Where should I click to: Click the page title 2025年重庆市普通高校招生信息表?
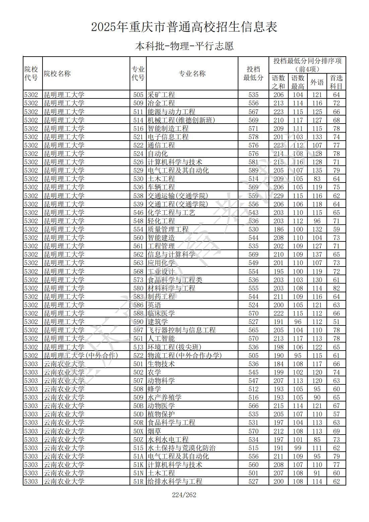point(184,27)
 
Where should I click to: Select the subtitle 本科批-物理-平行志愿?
point(184,46)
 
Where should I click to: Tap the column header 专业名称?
point(192,74)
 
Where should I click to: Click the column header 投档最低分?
point(253,74)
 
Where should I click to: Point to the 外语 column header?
point(317,82)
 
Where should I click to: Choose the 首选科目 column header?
point(336,82)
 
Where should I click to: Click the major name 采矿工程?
point(161,95)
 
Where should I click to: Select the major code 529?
point(138,170)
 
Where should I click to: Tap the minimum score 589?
point(253,170)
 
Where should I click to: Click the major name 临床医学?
point(161,313)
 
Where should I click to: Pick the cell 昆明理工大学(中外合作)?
point(81,356)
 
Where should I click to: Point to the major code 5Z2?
point(138,356)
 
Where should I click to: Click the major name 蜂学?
point(154,389)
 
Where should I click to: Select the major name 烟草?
point(154,431)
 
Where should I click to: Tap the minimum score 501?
point(253,473)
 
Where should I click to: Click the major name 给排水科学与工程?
point(175,481)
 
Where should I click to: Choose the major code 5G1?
point(138,339)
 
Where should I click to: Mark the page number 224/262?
point(184,495)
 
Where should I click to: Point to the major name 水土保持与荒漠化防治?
point(181,448)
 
